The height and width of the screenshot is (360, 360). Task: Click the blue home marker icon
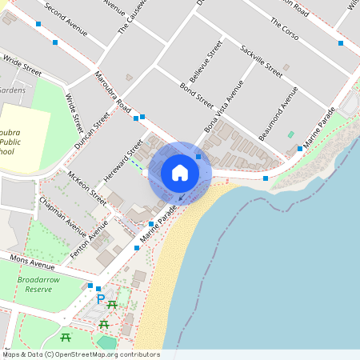[x=180, y=173]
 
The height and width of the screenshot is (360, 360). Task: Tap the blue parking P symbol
[x=100, y=298]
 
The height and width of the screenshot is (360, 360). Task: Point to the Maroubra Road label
[x=113, y=93]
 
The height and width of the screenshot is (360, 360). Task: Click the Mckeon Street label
[x=87, y=186]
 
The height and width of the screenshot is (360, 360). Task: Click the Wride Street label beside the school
[x=74, y=114]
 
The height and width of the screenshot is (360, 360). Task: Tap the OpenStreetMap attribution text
[x=80, y=354]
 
